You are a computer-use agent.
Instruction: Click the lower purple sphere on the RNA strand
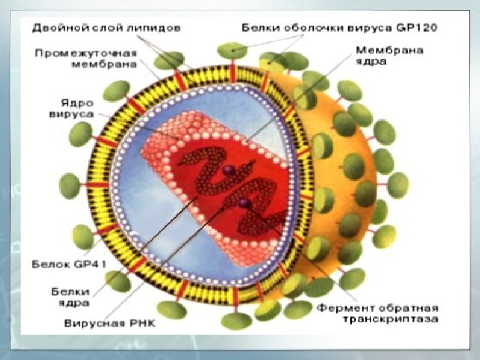[x=244, y=201]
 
